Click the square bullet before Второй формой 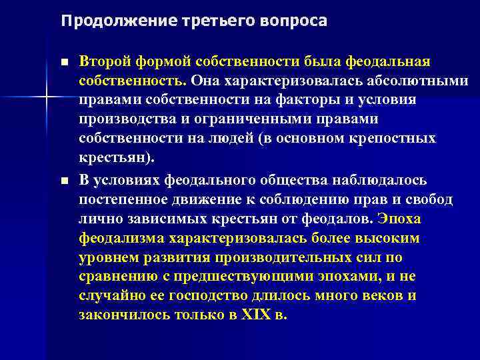[64, 63]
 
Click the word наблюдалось [383, 181]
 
